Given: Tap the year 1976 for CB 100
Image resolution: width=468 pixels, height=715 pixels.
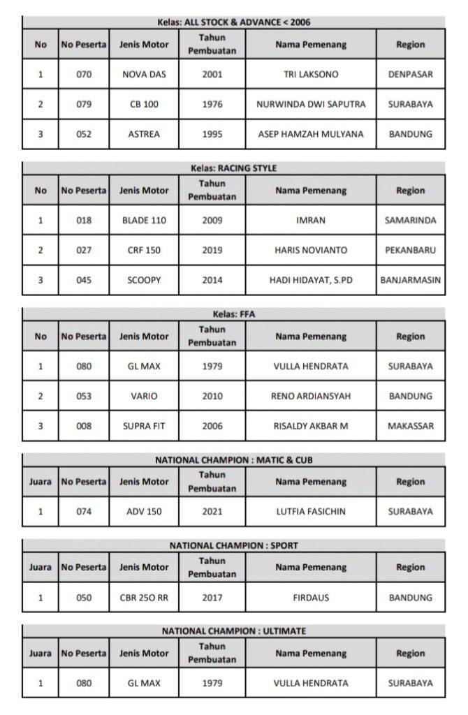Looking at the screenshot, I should pos(212,104).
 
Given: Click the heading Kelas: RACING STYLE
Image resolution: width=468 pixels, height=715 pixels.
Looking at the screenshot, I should pos(233,168).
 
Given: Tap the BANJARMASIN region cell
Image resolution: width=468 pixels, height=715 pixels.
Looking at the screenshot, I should pos(410,280).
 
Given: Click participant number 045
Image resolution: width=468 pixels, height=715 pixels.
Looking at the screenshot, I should pos(84,280).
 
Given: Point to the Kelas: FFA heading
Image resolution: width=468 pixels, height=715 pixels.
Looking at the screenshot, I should pos(233,314).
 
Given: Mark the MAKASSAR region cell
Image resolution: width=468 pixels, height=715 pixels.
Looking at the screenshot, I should pos(410,426).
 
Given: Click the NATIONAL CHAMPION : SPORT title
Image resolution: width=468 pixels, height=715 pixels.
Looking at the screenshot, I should pos(233,545).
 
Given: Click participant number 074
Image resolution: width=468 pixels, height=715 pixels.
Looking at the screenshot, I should pos(84,512).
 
